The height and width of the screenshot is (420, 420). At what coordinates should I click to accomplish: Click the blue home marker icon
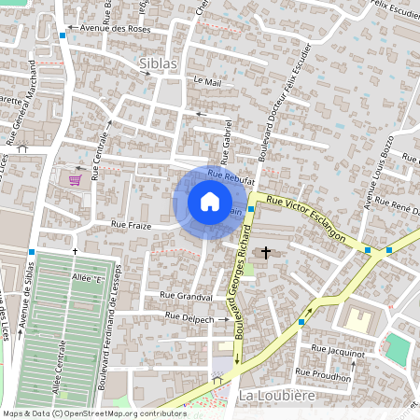point(210,202)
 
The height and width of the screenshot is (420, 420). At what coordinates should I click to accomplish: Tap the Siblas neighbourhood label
point(156,63)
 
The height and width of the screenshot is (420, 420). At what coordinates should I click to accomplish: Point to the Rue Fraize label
point(131,224)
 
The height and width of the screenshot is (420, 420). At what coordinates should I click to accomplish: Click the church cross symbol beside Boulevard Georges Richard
point(266,252)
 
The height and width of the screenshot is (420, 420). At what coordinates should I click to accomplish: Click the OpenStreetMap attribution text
point(93,413)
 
